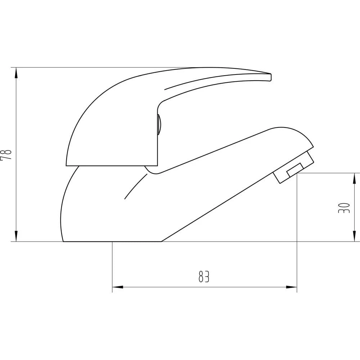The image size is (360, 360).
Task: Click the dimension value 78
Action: tap(6, 155)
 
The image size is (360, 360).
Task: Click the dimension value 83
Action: tap(204, 276)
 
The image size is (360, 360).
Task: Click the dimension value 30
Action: tap(344, 208)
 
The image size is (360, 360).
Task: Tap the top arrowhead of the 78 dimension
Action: tap(16, 73)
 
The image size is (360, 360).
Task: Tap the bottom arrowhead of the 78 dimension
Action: tap(16, 236)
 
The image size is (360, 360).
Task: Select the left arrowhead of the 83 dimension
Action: tap(118, 287)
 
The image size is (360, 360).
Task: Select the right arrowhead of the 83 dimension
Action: tap(291, 287)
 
